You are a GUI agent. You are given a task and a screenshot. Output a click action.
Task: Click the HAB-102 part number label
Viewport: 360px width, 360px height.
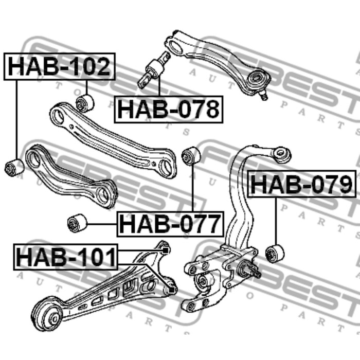[60, 67]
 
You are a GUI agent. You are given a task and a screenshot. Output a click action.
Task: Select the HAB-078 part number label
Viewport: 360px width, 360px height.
[169, 109]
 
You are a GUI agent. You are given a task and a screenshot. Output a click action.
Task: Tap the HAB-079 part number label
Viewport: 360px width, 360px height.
[302, 184]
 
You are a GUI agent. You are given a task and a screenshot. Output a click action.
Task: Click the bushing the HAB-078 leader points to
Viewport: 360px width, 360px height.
[155, 69]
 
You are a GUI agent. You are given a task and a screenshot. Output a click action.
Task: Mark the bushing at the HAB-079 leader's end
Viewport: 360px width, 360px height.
[275, 253]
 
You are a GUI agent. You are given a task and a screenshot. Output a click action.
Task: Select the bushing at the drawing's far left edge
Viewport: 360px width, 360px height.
[14, 167]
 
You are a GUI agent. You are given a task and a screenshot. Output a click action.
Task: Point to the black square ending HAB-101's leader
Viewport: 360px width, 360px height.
[165, 250]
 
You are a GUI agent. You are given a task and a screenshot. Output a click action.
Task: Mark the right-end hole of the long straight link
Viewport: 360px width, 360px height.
[166, 167]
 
